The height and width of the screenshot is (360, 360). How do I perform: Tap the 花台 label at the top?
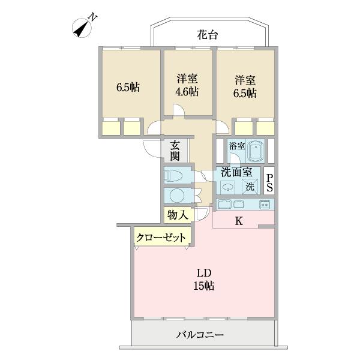coord(207,35)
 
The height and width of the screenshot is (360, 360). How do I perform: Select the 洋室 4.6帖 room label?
coord(187,85)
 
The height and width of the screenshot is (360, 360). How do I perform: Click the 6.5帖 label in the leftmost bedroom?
coord(128,86)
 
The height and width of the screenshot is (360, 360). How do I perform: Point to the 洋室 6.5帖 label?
coord(245,85)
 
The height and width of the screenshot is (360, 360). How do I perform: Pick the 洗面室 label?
coord(236,172)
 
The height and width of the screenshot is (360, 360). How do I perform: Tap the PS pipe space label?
coord(270,182)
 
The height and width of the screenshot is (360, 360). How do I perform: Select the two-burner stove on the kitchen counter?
coord(265,205)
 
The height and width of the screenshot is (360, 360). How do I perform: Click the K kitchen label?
coord(238,221)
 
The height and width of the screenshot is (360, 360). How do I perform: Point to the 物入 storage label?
coord(178,214)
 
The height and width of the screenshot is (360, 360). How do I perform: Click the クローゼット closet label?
coord(161,237)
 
